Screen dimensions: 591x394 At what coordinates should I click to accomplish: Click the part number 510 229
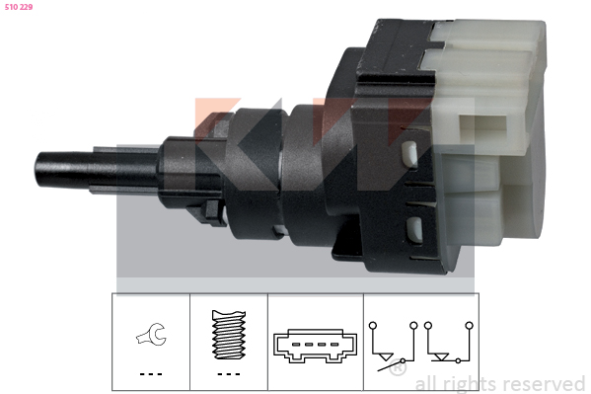click(x=19, y=7)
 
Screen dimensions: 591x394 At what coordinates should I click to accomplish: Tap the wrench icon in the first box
click(x=152, y=334)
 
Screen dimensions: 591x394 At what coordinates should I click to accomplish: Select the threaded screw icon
click(x=229, y=335)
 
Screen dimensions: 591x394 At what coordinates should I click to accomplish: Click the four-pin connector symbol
click(x=315, y=346)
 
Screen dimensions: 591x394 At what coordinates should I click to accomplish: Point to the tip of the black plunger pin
click(x=37, y=168)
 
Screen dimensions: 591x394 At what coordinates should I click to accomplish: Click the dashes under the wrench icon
click(x=151, y=374)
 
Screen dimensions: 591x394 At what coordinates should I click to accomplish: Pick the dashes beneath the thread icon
click(x=229, y=374)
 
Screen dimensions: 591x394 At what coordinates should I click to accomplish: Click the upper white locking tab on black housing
click(x=409, y=154)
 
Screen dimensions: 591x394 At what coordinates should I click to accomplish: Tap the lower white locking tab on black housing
click(x=413, y=229)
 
